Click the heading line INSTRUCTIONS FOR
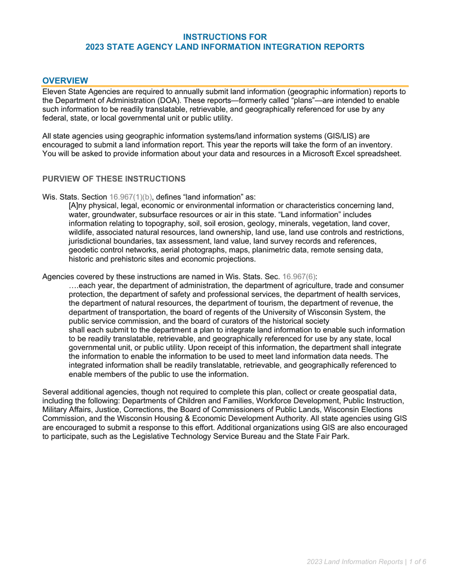[x=225, y=37]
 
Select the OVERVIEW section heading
[x=65, y=80]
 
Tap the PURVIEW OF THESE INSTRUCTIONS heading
[x=114, y=179]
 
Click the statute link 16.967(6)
[x=299, y=277]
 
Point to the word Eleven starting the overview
[x=54, y=91]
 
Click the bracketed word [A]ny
[x=80, y=206]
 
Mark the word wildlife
[x=81, y=232]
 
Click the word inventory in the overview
[x=377, y=145]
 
